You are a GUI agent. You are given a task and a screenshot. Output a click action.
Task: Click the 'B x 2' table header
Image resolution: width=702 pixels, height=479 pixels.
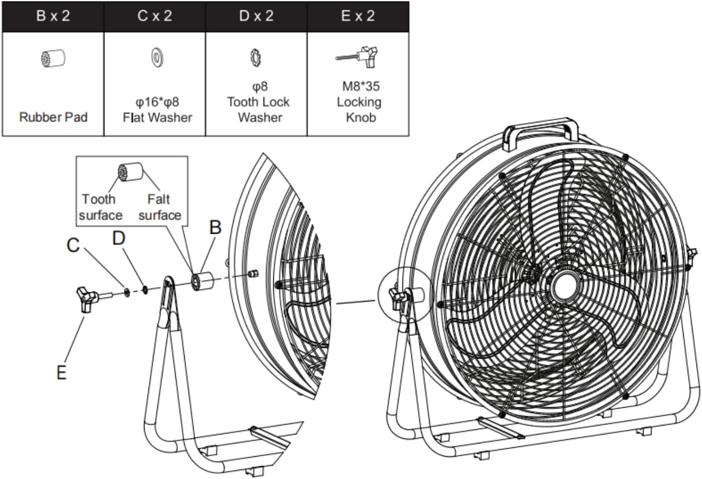(53, 16)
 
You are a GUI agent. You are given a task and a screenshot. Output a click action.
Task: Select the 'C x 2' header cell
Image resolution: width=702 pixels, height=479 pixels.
(154, 16)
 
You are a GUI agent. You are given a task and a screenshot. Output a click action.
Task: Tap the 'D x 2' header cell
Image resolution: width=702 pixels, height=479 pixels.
(256, 16)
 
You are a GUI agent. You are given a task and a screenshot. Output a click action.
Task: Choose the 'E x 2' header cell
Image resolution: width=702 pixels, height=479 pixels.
(358, 16)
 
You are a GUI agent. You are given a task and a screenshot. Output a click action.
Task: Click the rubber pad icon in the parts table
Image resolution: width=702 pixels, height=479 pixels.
(53, 58)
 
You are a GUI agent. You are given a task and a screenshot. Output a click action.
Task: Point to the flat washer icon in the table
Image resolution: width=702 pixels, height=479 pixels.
(157, 57)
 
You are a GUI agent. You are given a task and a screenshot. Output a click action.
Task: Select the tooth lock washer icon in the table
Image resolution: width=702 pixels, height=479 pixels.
(255, 57)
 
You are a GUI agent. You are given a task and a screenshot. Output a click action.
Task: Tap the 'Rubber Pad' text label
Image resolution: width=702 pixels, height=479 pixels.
(53, 117)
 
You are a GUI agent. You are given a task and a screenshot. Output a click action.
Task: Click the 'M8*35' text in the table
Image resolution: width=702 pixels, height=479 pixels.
(360, 86)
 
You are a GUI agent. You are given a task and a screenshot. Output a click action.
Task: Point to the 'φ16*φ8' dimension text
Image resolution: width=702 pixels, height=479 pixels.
(157, 102)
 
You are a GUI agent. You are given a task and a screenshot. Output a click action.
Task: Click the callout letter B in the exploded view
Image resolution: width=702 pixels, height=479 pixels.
(215, 227)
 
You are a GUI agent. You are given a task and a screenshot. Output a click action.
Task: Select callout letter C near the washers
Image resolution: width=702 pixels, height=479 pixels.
(73, 245)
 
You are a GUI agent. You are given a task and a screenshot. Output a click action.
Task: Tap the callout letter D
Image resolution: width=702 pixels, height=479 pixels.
(118, 238)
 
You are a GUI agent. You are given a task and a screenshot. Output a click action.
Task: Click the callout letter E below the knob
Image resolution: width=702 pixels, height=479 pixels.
(61, 373)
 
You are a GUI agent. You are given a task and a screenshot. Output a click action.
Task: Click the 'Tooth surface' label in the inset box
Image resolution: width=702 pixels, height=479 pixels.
(100, 207)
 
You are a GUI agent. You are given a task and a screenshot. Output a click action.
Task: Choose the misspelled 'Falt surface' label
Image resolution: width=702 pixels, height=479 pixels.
(159, 207)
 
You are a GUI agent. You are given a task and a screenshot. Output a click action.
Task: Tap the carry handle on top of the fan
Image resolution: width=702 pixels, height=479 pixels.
(541, 130)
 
